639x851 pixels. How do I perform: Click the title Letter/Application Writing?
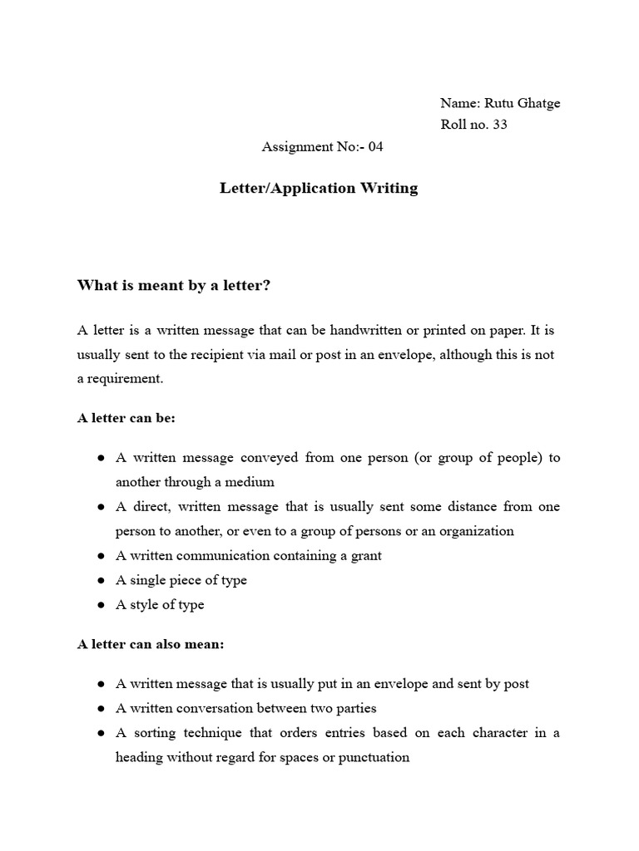click(319, 188)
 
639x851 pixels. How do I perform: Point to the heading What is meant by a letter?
click(174, 286)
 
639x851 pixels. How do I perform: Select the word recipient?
click(209, 354)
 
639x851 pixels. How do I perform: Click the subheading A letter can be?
click(126, 418)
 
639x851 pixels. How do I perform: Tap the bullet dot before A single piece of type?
click(100, 581)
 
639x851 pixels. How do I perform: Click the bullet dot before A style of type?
click(100, 605)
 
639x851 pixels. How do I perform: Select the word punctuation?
click(374, 757)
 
